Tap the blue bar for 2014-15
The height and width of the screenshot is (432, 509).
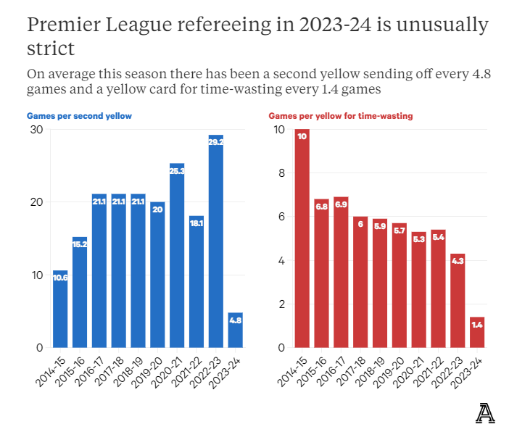(60, 309)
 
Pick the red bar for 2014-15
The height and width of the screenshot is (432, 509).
(302, 238)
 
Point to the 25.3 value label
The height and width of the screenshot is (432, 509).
(177, 171)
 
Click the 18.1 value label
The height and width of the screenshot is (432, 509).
(196, 223)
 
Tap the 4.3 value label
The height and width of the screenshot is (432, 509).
(458, 261)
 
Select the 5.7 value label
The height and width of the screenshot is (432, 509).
(400, 230)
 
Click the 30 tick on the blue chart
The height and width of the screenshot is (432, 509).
(36, 130)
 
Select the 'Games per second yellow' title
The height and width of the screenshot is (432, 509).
(79, 116)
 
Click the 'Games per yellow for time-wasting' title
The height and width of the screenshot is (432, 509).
(341, 116)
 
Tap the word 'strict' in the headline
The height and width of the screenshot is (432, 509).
(51, 49)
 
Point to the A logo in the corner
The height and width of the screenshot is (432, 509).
(485, 412)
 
